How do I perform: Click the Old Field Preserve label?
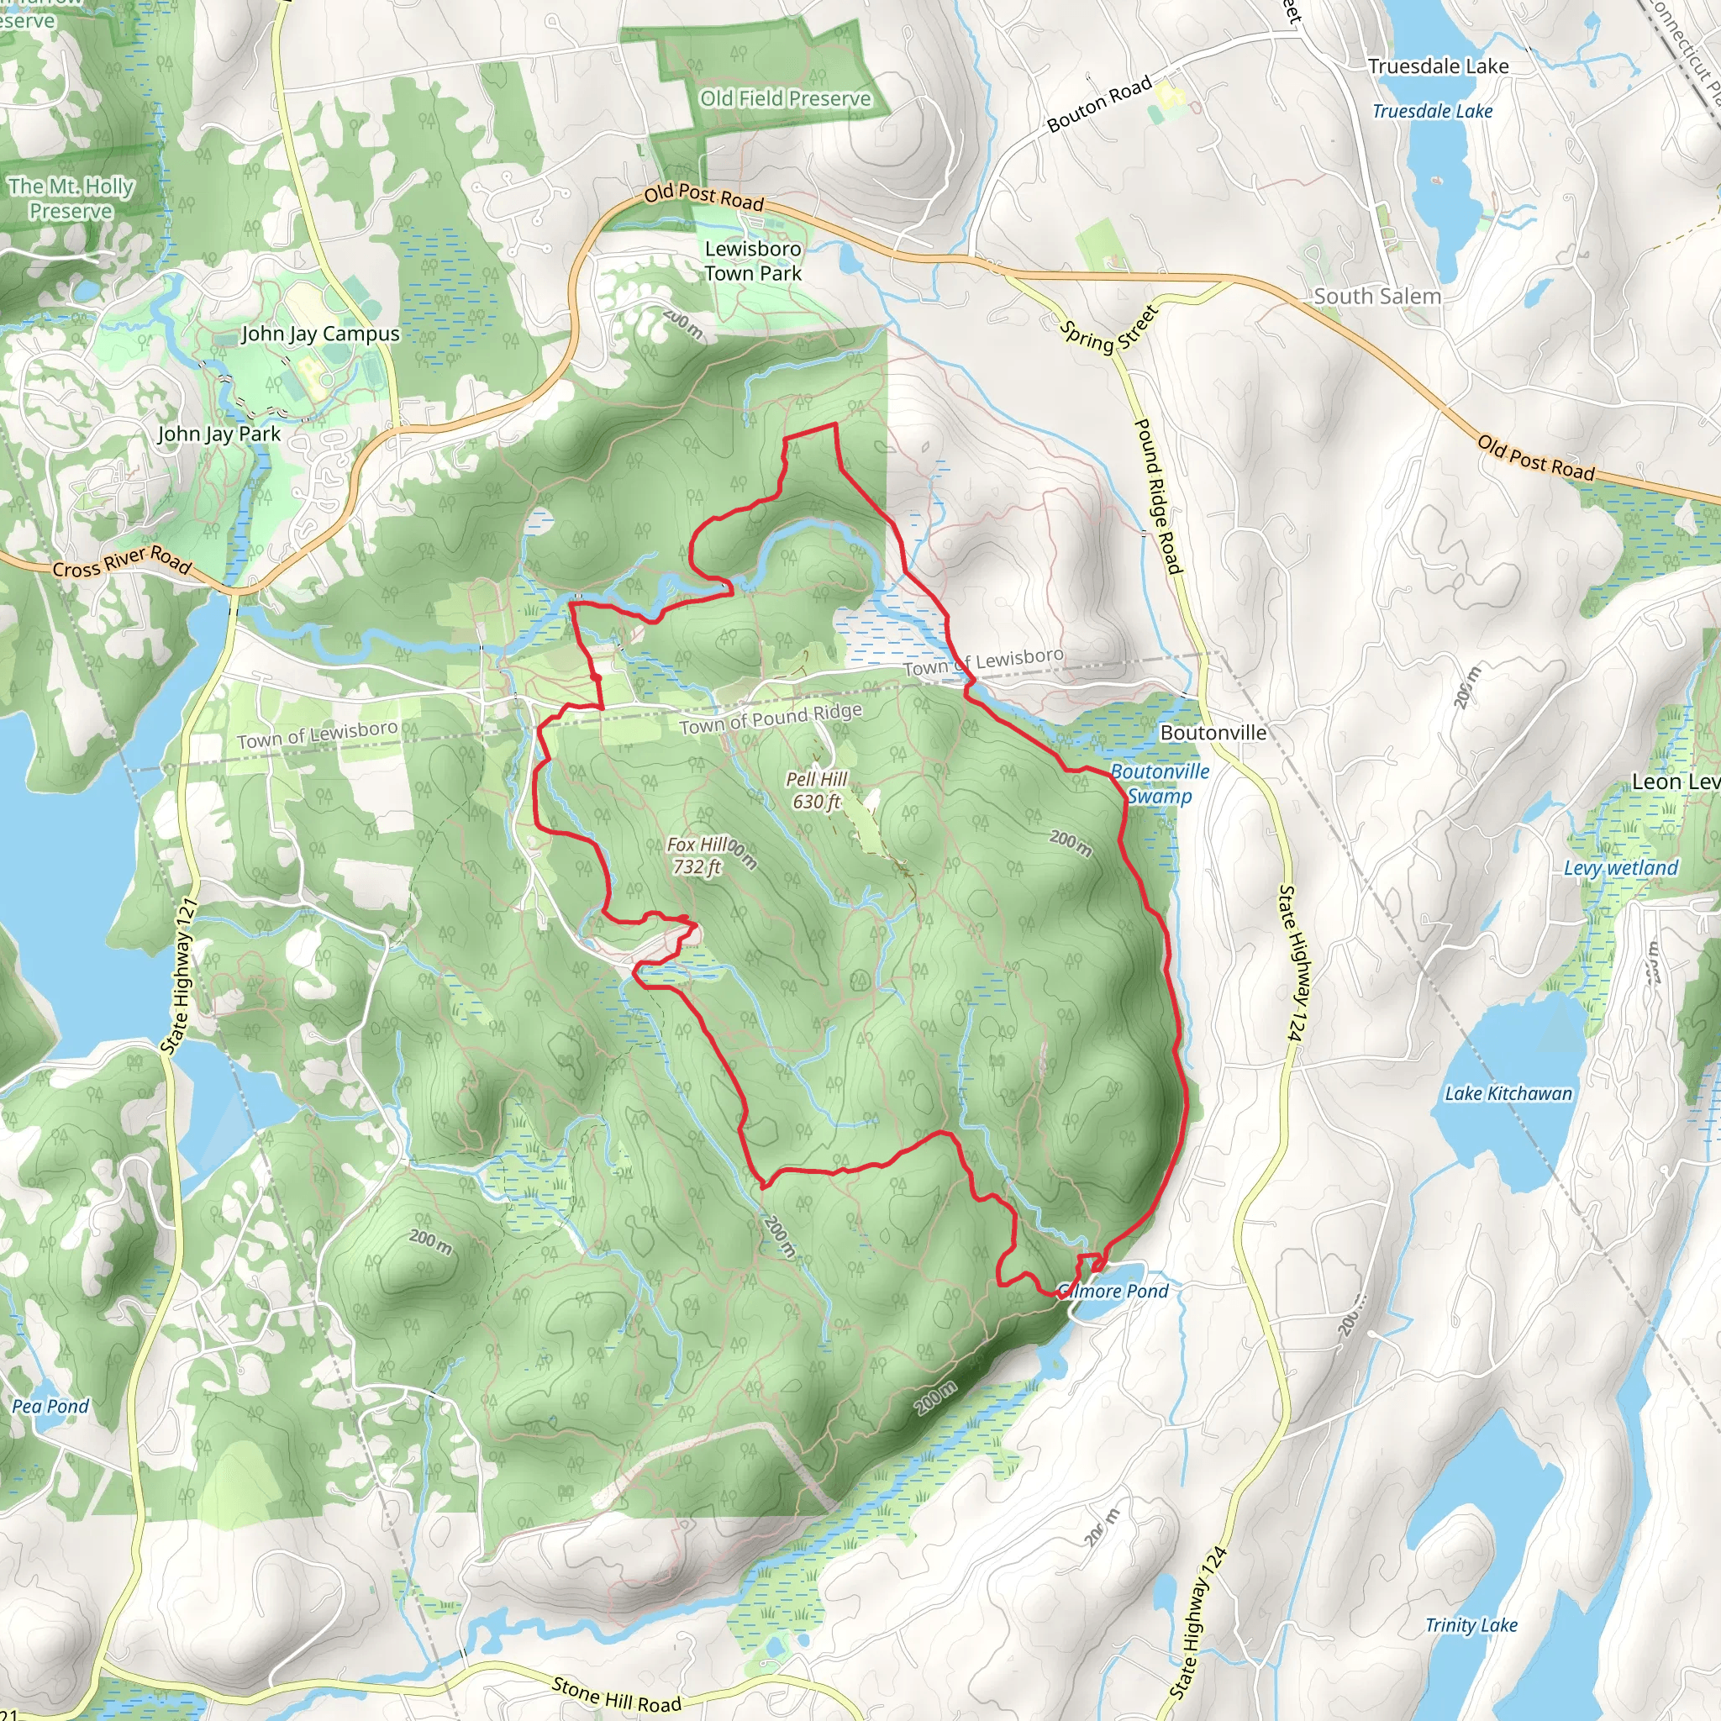pos(785,98)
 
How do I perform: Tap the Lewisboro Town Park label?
pos(753,261)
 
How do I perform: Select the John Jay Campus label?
pos(321,334)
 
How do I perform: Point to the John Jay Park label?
pos(219,434)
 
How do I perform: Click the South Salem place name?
pos(1377,297)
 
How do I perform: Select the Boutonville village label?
pos(1213,732)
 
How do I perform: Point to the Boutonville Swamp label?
pos(1160,784)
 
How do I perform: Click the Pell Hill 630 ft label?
pos(816,790)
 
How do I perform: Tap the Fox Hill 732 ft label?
pos(698,855)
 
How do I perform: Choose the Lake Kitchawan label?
pos(1508,1093)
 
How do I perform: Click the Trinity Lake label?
pos(1471,1625)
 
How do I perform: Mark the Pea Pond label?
pos(50,1406)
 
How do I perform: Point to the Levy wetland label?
pos(1620,867)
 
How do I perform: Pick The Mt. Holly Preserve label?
pos(71,198)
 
